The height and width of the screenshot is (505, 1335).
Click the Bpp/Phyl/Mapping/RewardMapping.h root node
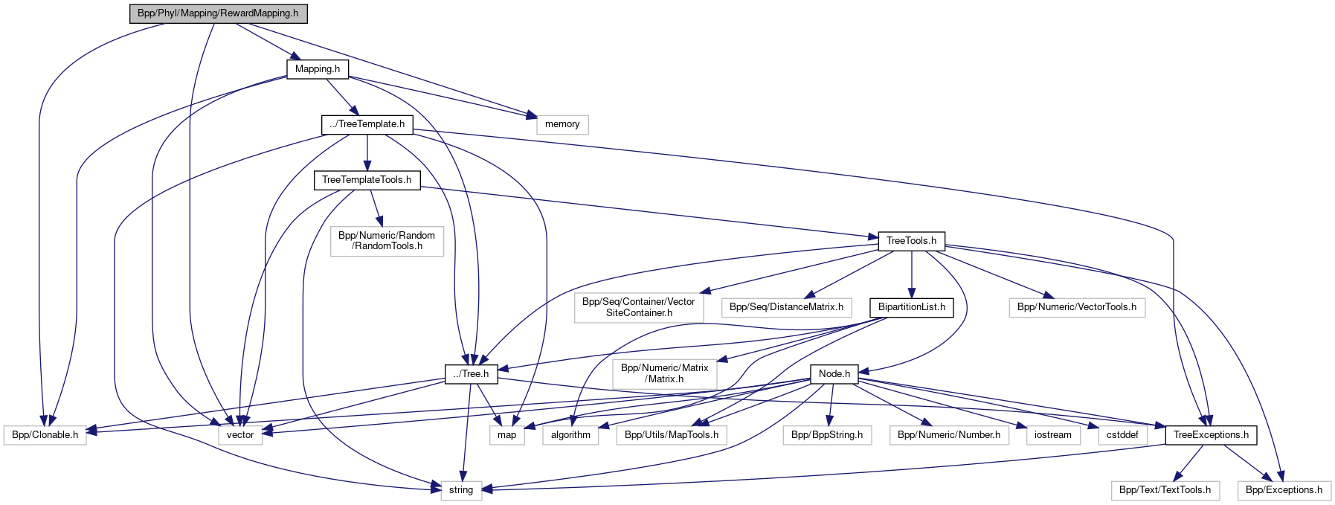(x=218, y=13)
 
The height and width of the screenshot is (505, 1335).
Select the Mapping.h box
(x=318, y=69)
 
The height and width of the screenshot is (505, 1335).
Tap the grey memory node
(x=562, y=124)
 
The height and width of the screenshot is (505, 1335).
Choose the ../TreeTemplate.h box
(x=367, y=124)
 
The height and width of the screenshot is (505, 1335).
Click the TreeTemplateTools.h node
(x=367, y=180)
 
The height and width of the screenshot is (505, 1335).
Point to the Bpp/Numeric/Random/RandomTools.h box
(x=387, y=241)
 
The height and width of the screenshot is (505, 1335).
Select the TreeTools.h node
(x=911, y=241)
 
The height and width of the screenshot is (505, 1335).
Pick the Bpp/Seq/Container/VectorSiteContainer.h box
(x=638, y=307)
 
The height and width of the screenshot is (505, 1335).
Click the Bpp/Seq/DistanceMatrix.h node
(x=786, y=307)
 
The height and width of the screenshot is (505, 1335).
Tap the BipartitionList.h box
(x=911, y=307)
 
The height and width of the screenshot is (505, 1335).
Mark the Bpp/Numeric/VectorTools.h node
(x=1076, y=307)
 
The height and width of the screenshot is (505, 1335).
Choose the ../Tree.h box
(x=471, y=374)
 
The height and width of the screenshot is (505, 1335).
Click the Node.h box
(x=834, y=374)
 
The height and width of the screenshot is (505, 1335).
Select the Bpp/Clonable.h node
(x=45, y=435)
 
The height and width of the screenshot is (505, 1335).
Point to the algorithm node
(x=570, y=435)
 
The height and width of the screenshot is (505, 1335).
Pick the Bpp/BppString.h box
(x=826, y=435)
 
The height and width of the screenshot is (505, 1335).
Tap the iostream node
(x=1052, y=435)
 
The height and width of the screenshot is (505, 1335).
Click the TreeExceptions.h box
(x=1210, y=435)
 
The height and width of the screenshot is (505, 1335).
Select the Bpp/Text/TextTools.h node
(x=1165, y=490)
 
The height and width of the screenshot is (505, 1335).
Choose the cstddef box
(x=1122, y=435)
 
